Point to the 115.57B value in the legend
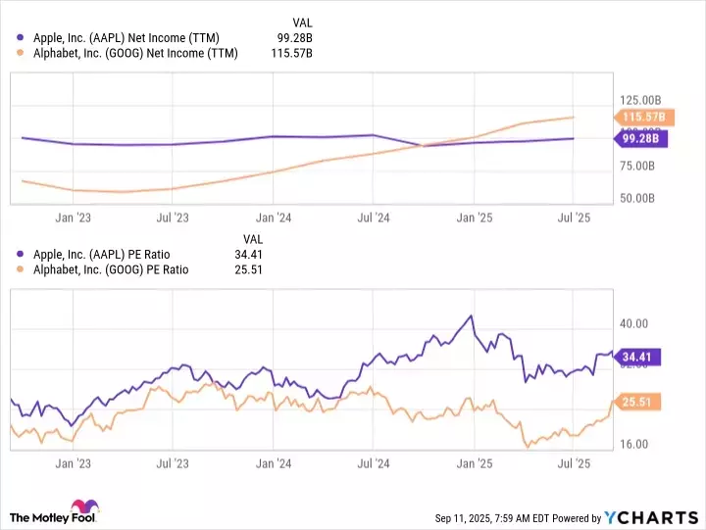[290, 53]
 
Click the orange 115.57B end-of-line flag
[643, 118]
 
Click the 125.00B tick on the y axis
[643, 101]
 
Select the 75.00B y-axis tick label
[643, 166]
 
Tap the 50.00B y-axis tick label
[643, 198]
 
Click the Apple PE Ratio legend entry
[112, 255]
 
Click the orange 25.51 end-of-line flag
[638, 401]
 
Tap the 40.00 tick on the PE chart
[632, 323]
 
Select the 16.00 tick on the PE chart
[632, 444]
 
